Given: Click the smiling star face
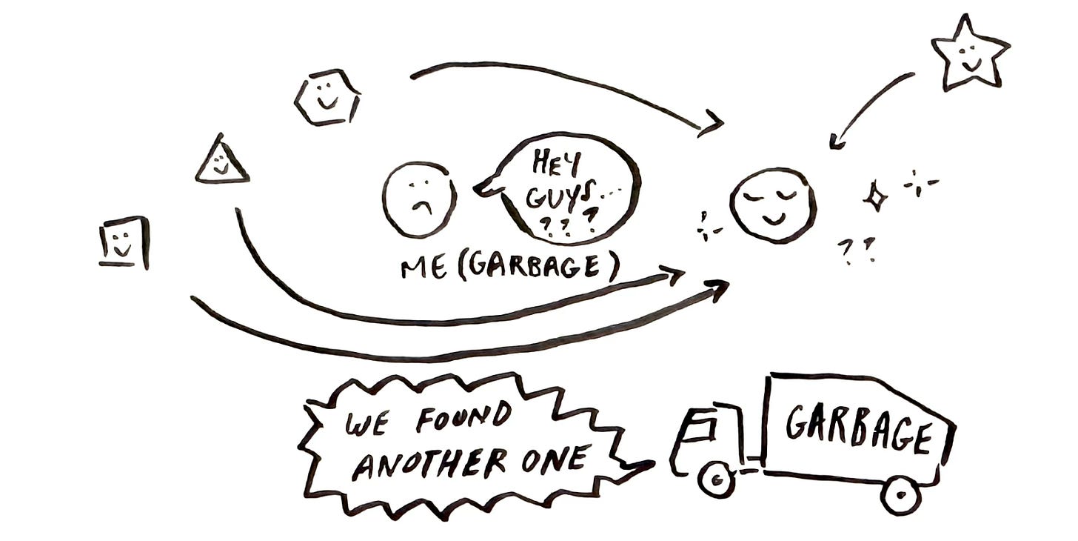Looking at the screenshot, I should [969, 53].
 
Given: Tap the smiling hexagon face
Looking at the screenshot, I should [327, 97].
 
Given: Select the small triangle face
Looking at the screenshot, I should [221, 162].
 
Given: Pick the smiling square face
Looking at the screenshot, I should [124, 242].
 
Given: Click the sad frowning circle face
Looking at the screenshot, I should [419, 199].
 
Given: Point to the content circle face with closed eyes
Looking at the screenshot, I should [773, 204].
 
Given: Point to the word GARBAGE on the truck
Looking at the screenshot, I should [857, 428].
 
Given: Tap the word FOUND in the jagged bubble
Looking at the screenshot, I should [463, 417].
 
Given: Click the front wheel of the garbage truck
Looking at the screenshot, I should [716, 479].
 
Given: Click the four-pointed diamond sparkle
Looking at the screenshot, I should [876, 196].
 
